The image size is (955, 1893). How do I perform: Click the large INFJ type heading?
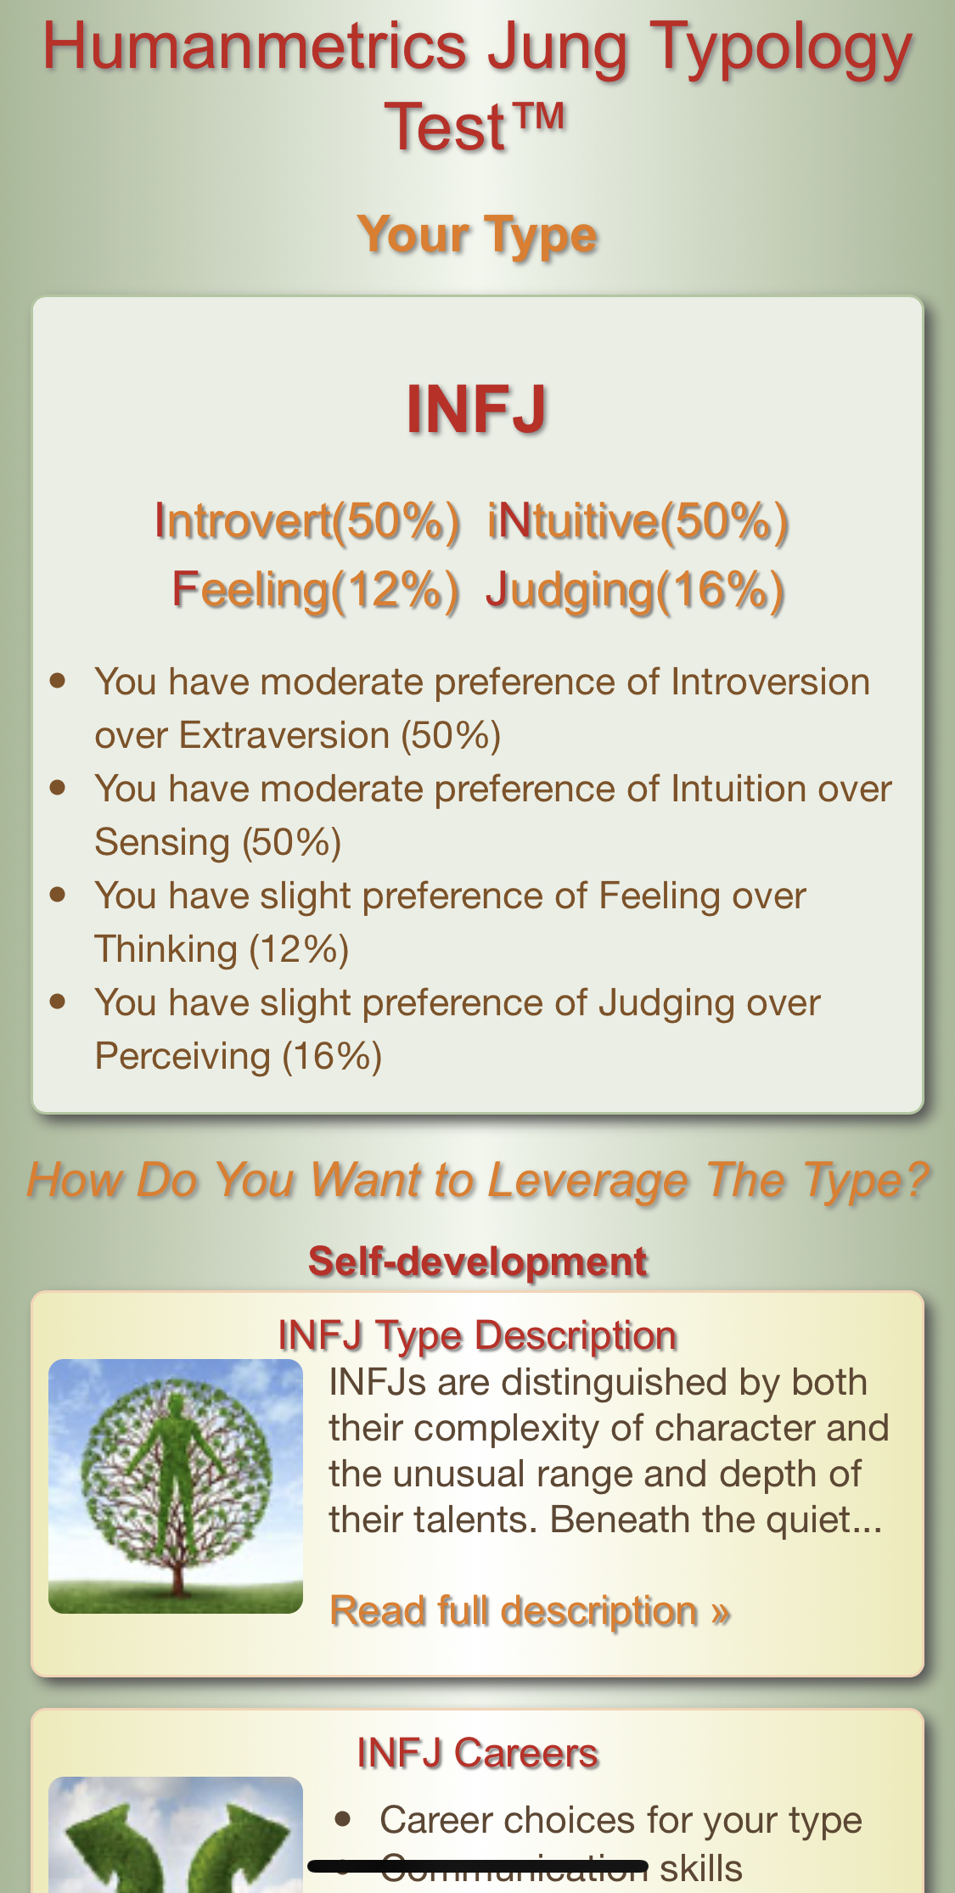click(x=476, y=409)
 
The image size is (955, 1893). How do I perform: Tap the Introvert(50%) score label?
click(x=307, y=520)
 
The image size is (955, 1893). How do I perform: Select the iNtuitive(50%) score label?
click(x=638, y=520)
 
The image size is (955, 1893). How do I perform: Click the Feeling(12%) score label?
click(x=316, y=590)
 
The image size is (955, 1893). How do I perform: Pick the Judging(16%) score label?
click(x=635, y=590)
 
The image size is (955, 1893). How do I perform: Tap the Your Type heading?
click(x=477, y=235)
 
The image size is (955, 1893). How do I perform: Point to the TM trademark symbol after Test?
click(x=537, y=116)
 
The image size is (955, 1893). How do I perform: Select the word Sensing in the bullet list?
click(x=162, y=842)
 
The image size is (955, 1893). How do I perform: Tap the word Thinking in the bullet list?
click(x=166, y=949)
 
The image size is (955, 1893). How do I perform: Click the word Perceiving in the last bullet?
click(x=183, y=1056)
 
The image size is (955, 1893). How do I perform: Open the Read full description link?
click(x=530, y=1611)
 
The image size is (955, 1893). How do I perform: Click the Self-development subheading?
click(x=477, y=1261)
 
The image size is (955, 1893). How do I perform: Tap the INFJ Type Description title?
click(x=477, y=1335)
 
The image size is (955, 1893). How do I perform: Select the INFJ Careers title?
click(x=477, y=1754)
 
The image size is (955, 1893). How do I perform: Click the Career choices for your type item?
click(x=621, y=1820)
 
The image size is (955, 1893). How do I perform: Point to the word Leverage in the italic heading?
click(x=587, y=1181)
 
